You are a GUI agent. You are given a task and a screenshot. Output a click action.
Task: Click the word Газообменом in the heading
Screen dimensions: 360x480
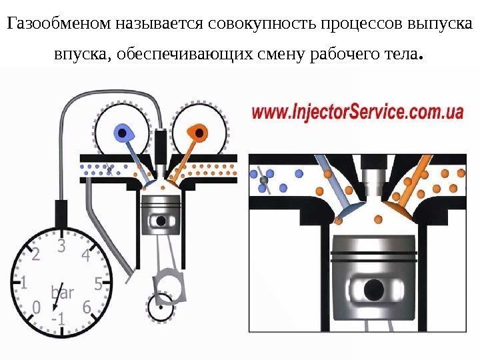(59, 25)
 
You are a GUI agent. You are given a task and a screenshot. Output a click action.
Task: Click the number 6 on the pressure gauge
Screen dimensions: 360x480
(87, 307)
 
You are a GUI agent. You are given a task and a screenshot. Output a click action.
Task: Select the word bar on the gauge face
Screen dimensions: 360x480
(62, 292)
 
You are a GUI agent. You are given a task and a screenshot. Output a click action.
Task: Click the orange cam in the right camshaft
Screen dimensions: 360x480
(197, 131)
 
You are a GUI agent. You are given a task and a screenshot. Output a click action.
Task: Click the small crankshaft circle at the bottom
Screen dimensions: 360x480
(160, 308)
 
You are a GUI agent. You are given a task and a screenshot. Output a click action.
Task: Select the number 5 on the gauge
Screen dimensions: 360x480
(97, 283)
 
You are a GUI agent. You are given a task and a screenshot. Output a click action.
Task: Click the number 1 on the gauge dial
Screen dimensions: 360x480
(24, 283)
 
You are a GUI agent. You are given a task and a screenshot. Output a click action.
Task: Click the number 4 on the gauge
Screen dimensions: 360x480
(85, 255)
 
